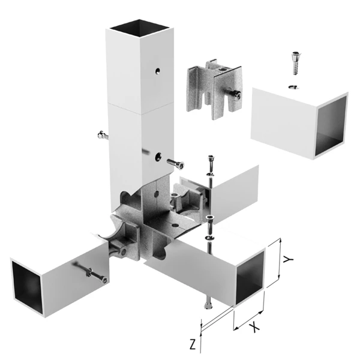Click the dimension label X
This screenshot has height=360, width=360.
(254, 327)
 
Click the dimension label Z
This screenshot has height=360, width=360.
(193, 344)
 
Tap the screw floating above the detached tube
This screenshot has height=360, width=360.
(296, 64)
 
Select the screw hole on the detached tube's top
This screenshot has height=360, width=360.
(293, 87)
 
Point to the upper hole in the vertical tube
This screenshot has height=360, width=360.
(157, 71)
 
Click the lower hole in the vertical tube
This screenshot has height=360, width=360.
(158, 157)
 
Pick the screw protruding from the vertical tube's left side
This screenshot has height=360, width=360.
(103, 135)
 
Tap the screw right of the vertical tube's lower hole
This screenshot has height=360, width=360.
(175, 164)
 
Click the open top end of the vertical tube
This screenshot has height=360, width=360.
(139, 28)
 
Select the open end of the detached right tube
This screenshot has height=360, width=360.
(331, 126)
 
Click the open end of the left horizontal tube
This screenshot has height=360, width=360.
(27, 287)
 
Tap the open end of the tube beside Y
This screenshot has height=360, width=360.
(250, 278)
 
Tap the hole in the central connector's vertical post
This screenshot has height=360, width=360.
(156, 194)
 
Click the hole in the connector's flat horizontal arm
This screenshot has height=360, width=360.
(175, 225)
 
